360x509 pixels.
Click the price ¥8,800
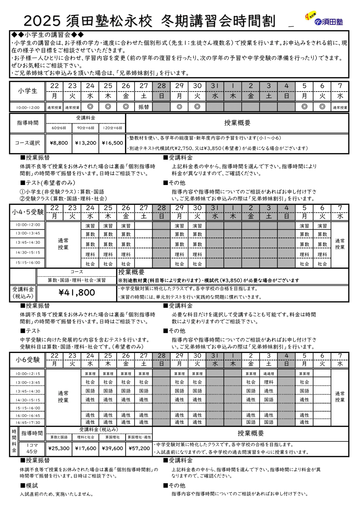pyautogui.click(x=59, y=143)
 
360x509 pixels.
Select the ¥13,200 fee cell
pyautogui.click(x=86, y=143)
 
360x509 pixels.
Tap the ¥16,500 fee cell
pyautogui.click(x=112, y=143)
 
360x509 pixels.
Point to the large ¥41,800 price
pyautogui.click(x=77, y=292)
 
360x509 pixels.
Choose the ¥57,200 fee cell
pyautogui.click(x=139, y=448)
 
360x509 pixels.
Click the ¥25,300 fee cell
pyautogui.click(x=59, y=448)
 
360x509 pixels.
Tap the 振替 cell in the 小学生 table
pyautogui.click(x=144, y=107)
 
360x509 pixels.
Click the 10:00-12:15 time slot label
pyautogui.click(x=28, y=374)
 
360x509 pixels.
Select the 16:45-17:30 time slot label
pyautogui.click(x=28, y=423)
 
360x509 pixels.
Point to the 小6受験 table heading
pyautogui.click(x=28, y=360)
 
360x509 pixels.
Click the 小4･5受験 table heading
pyautogui.click(x=28, y=212)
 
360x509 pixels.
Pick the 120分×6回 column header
pyautogui.click(x=112, y=128)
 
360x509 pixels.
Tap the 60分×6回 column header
pyautogui.click(x=59, y=128)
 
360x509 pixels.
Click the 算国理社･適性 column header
pyautogui.click(x=139, y=437)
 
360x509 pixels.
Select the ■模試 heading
pyautogui.click(x=29, y=485)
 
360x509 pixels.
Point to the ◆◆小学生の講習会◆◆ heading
pyautogui.click(x=47, y=35)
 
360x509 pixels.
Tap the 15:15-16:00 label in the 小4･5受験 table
pyautogui.click(x=28, y=262)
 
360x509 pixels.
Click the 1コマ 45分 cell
pyautogui.click(x=32, y=448)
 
